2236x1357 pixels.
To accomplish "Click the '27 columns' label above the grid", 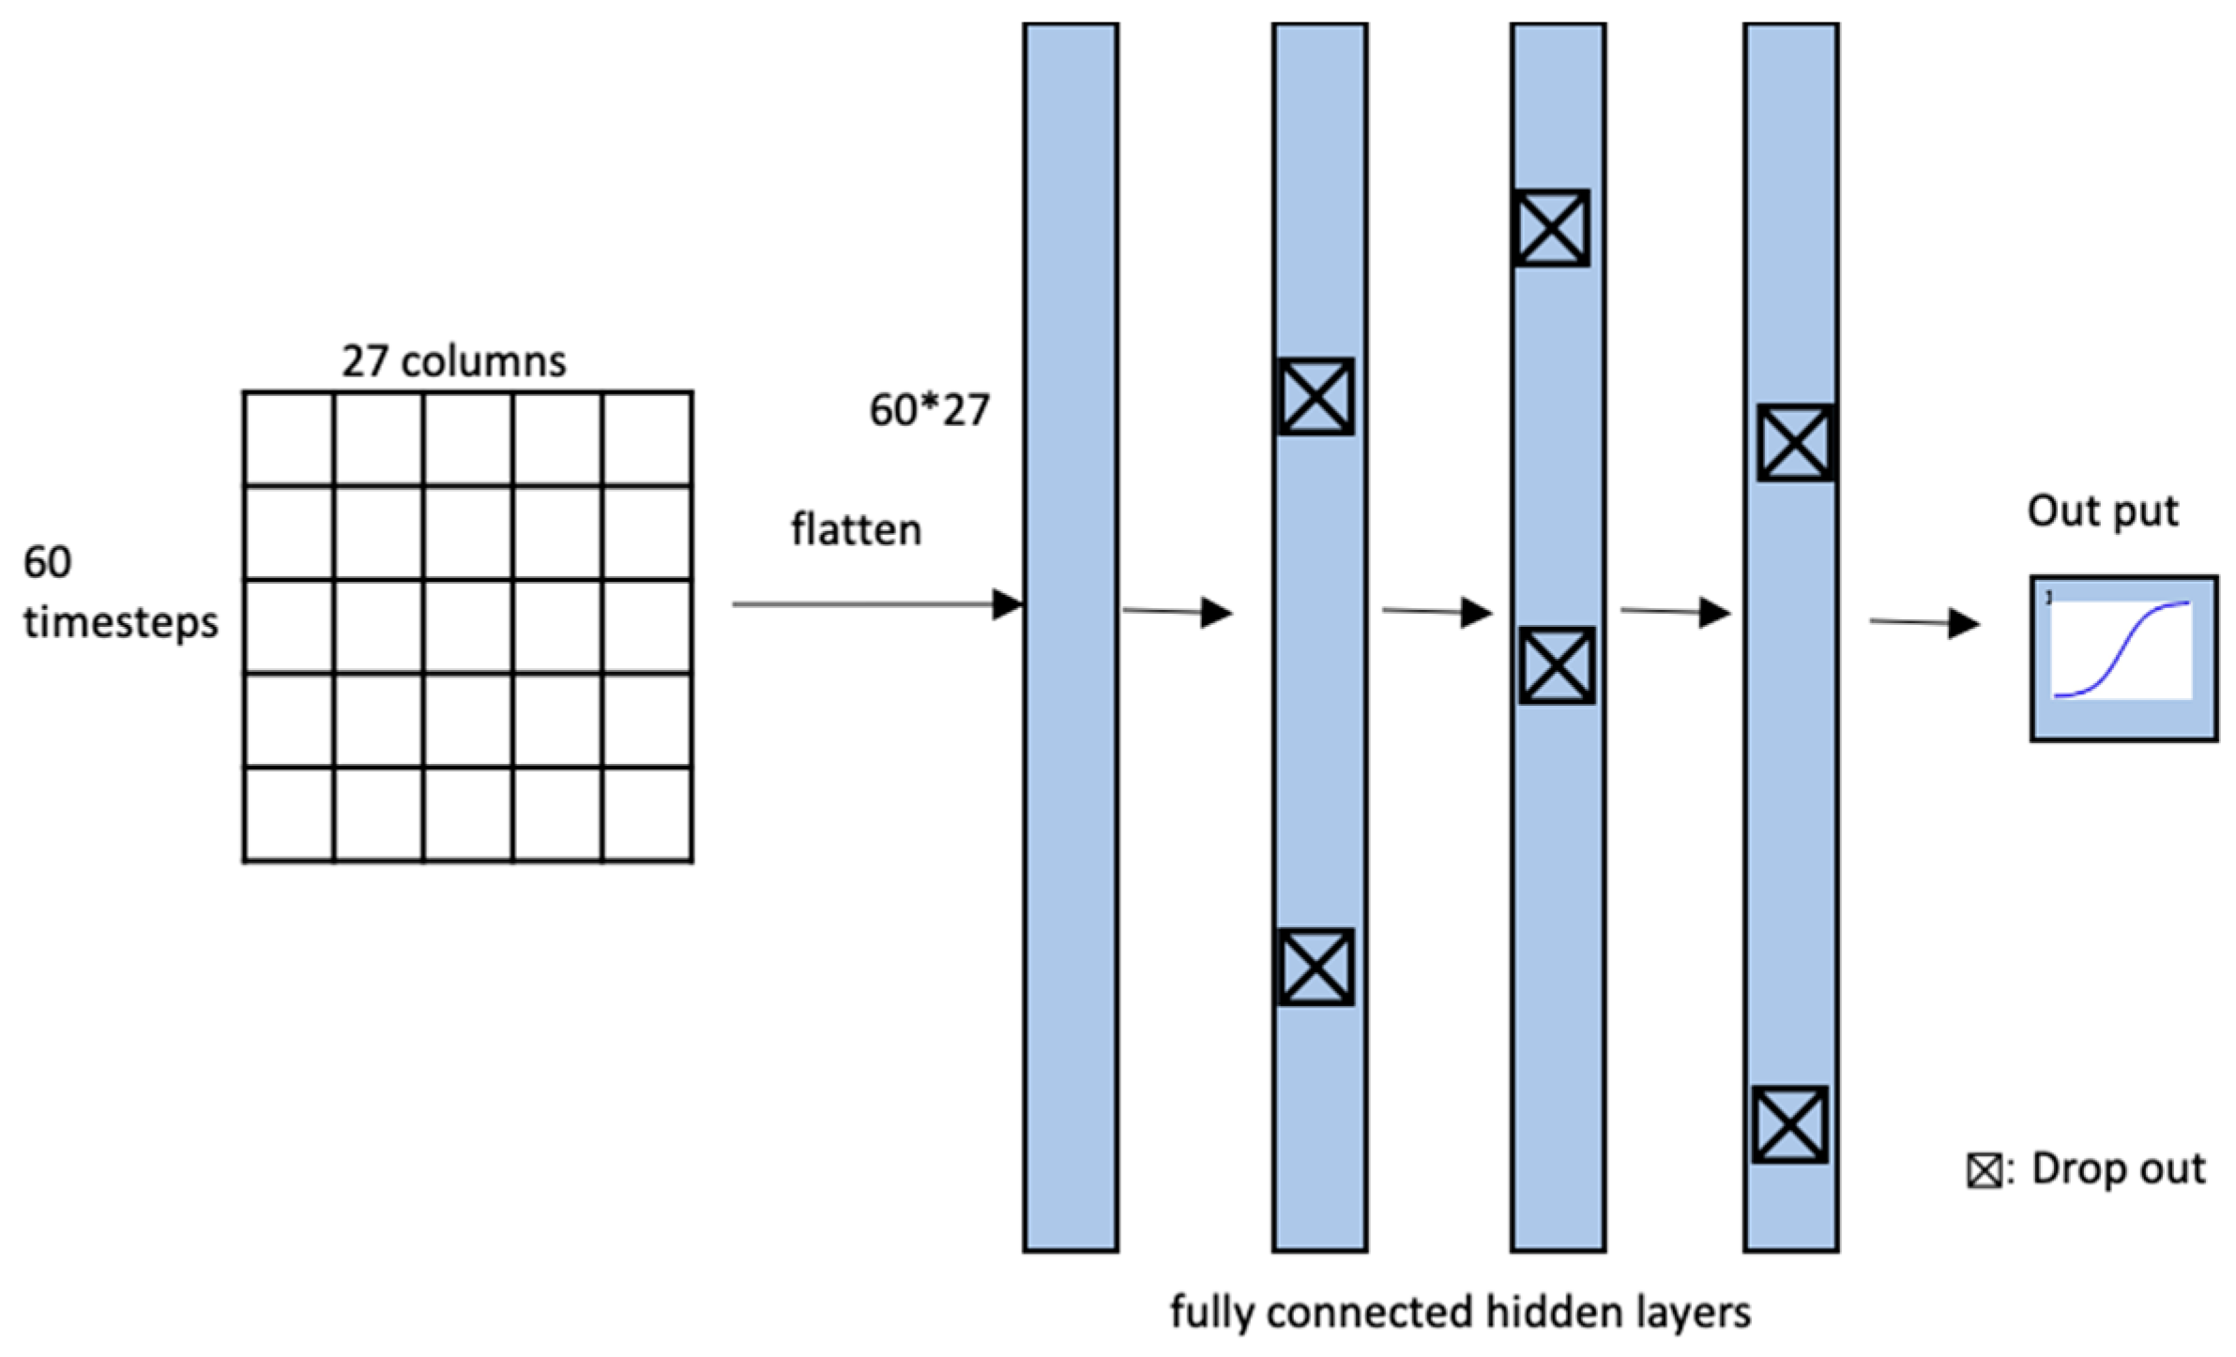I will click(x=453, y=361).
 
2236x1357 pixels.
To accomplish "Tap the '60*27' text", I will click(x=929, y=410).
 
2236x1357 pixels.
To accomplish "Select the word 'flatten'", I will click(x=856, y=530).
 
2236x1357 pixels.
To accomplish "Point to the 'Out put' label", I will click(x=2102, y=511).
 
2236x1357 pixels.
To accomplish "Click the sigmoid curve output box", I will click(x=2123, y=658).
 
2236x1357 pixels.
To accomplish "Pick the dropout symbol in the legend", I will click(x=1984, y=1171).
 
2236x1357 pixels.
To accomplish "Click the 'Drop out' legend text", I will click(x=2118, y=1169).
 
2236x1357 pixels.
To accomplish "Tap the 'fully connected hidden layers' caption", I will click(x=1460, y=1311).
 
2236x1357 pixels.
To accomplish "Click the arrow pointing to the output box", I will click(x=1924, y=622).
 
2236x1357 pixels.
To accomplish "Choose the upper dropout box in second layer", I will click(x=1316, y=396).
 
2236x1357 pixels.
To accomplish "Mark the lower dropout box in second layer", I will click(x=1316, y=968).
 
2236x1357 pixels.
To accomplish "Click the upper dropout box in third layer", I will click(x=1551, y=228).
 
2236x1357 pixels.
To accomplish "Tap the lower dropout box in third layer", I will click(x=1557, y=665).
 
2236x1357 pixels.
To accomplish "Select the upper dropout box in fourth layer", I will click(x=1795, y=443).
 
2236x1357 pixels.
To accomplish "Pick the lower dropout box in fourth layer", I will click(x=1789, y=1124).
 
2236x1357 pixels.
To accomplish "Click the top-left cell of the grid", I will click(x=288, y=438).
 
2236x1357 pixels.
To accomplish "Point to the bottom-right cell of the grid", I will click(x=647, y=814).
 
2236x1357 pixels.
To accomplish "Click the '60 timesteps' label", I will click(x=119, y=592).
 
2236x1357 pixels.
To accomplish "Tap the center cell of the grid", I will click(x=467, y=626).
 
